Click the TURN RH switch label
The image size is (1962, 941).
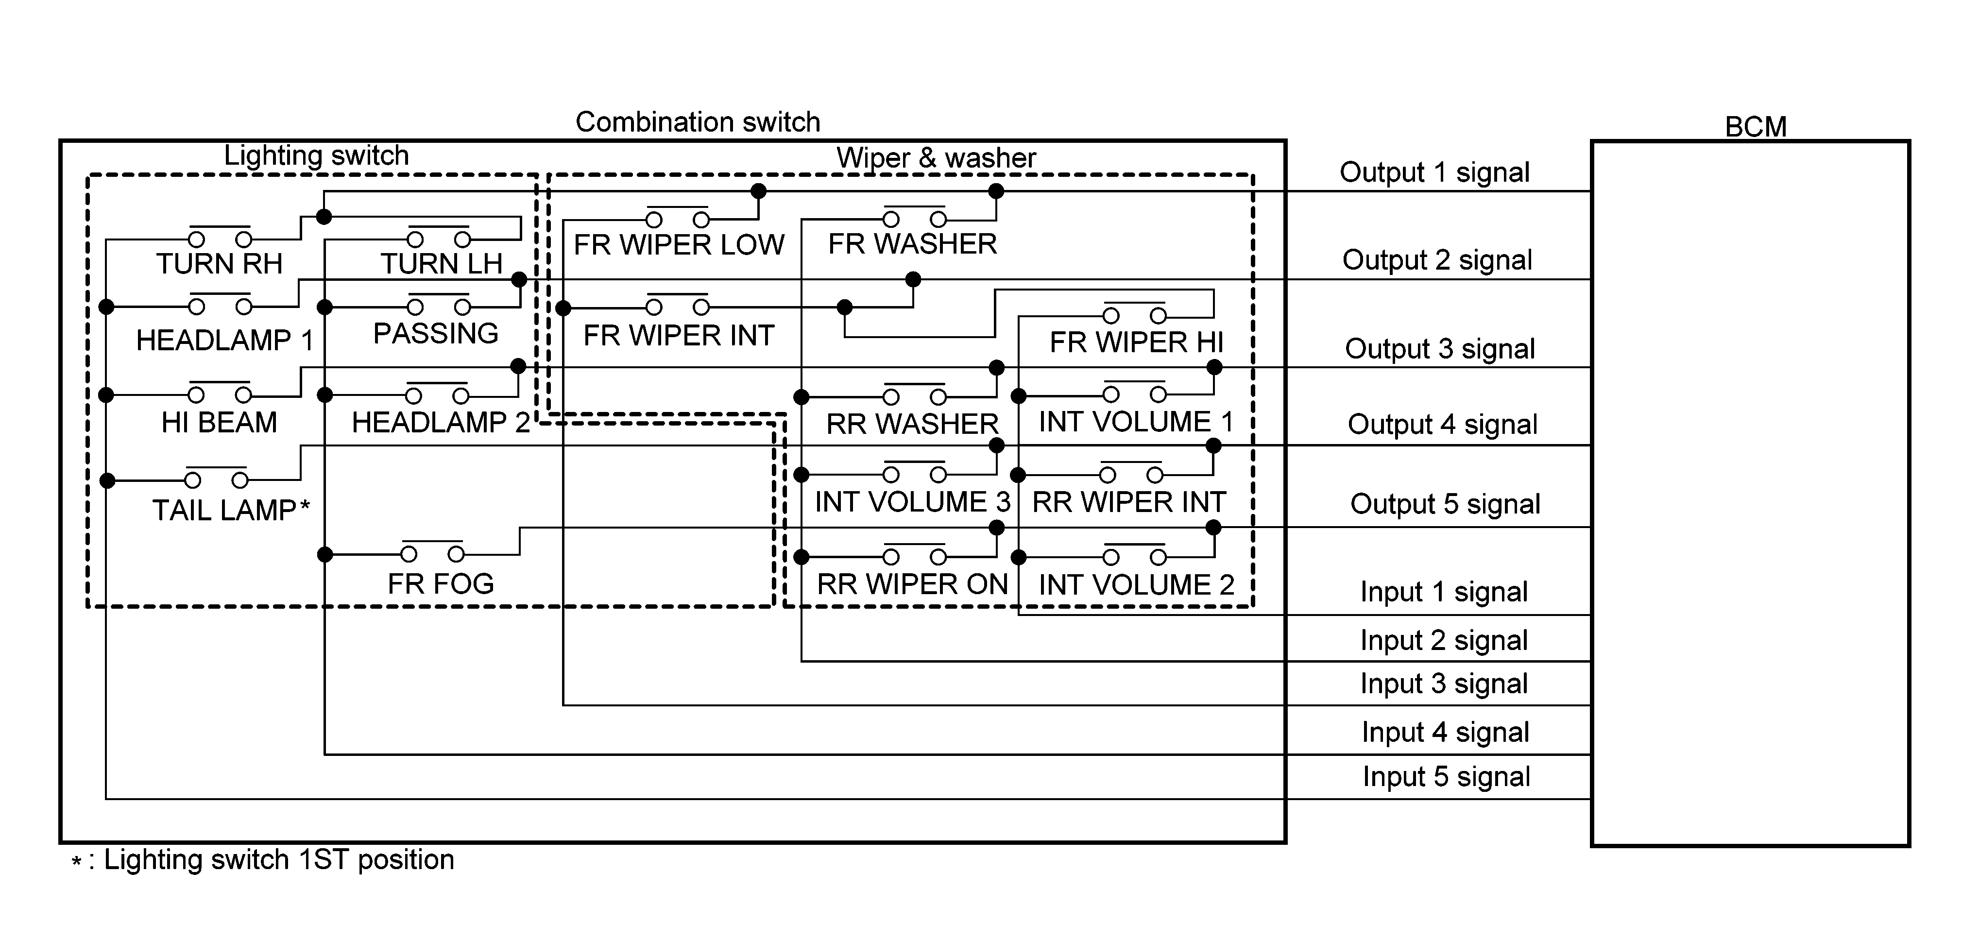point(220,264)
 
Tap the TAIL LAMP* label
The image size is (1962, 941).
point(231,510)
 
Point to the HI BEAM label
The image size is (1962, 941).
point(220,422)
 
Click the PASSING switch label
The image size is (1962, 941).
point(436,334)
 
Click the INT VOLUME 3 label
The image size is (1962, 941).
point(912,502)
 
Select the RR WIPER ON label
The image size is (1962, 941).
point(912,584)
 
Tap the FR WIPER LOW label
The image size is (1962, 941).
point(679,244)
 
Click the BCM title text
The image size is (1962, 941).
point(1755,126)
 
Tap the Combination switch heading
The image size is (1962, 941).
point(698,122)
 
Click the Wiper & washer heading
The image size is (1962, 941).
point(936,158)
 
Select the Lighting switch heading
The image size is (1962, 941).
point(316,155)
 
